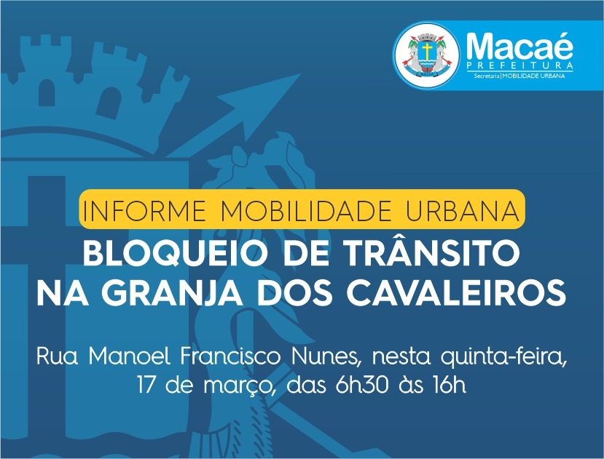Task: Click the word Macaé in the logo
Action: (x=519, y=46)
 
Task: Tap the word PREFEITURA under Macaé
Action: (x=519, y=65)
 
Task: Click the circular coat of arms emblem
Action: (x=426, y=55)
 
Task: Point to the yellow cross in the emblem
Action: (x=426, y=50)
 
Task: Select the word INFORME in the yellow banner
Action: (x=144, y=210)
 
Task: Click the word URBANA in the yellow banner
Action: (x=462, y=210)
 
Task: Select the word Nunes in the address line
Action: (x=326, y=357)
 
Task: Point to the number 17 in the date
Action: (x=146, y=385)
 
